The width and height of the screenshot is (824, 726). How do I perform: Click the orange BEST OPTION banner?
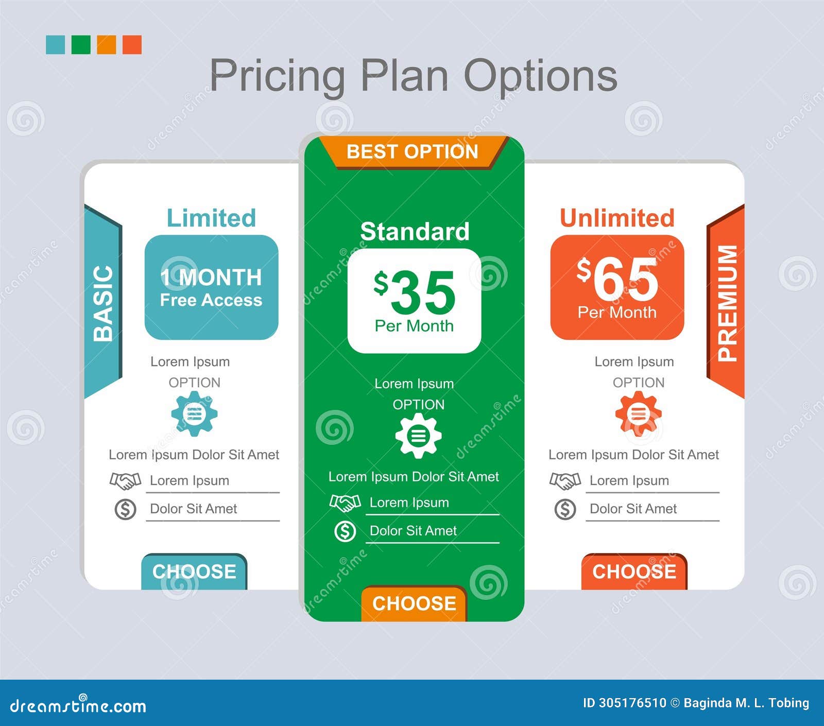pos(413,152)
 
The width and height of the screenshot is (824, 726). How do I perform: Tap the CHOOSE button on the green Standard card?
pos(414,603)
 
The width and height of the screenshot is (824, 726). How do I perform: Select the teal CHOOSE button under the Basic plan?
pos(194,572)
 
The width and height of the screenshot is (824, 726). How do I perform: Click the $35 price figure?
pos(415,292)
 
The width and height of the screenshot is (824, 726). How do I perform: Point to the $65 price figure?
pos(618,279)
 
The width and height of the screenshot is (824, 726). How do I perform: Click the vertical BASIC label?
pos(103,303)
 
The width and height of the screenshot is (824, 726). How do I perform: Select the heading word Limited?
pos(211,218)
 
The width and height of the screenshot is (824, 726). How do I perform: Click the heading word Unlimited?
pos(617,218)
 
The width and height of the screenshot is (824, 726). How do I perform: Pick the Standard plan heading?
pos(415,232)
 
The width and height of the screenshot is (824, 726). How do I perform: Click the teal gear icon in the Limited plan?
pos(194,413)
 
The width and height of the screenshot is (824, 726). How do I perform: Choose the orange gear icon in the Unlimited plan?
pos(638,413)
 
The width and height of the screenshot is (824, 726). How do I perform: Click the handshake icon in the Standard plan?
pos(345,503)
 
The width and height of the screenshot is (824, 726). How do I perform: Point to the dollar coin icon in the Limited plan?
pos(125,509)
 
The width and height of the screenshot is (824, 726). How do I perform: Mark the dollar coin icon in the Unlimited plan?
pos(565,509)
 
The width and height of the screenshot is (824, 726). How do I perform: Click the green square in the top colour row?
pos(81,45)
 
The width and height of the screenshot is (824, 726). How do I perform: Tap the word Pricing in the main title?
pos(277,76)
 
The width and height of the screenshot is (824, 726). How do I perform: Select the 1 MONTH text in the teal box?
pos(211,278)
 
